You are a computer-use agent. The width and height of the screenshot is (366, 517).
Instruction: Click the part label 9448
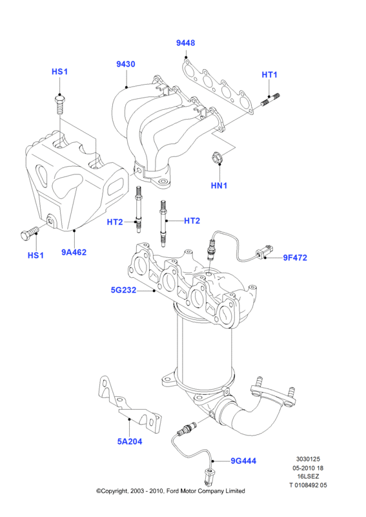tap(185, 43)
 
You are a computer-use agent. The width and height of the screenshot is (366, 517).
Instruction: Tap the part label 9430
tap(126, 64)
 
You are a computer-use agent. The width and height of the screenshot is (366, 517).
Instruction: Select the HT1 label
tap(269, 75)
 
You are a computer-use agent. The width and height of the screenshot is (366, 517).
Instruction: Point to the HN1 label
tap(219, 185)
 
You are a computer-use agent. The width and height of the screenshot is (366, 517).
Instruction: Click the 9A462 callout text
tap(74, 252)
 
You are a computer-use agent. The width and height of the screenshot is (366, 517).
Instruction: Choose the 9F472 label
tap(295, 257)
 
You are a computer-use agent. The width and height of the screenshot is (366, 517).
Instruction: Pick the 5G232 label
tap(123, 290)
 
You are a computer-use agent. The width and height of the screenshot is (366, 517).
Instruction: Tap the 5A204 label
tap(130, 441)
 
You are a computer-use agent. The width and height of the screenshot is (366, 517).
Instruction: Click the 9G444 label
tap(243, 461)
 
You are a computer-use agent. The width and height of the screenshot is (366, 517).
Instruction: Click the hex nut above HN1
tap(216, 157)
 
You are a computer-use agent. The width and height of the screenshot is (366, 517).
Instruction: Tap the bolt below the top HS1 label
tap(59, 104)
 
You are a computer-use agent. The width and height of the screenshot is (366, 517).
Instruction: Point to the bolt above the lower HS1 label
tap(28, 233)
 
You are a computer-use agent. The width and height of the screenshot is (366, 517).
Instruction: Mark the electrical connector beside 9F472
tap(265, 251)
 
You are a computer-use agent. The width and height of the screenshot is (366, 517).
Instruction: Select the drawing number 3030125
tap(308, 459)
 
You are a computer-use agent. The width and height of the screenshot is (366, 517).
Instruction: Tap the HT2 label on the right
tap(192, 220)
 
